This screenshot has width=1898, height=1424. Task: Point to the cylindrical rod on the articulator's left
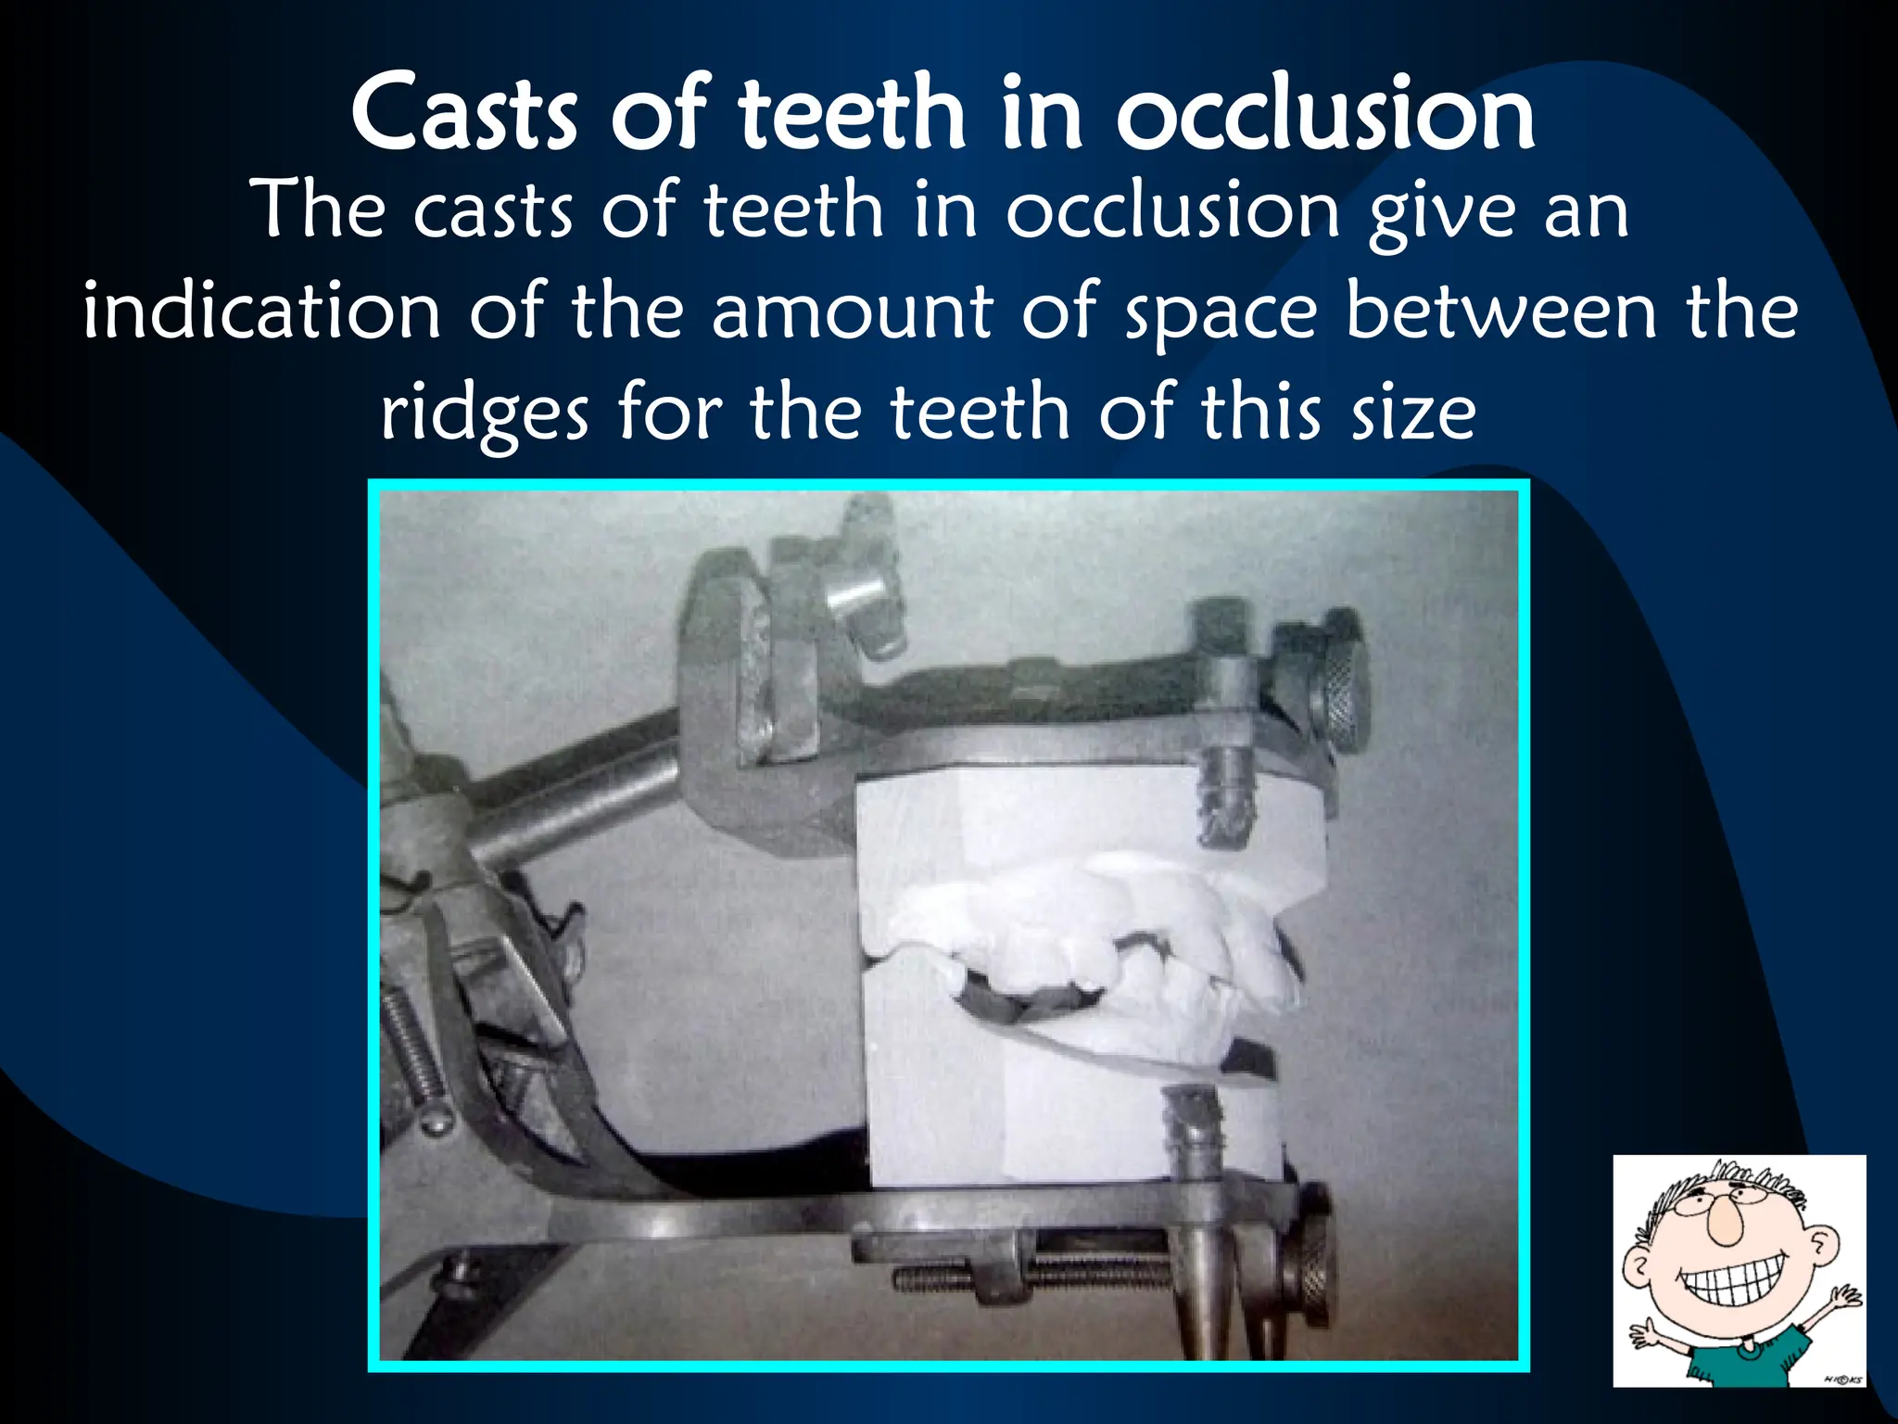pyautogui.click(x=575, y=797)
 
